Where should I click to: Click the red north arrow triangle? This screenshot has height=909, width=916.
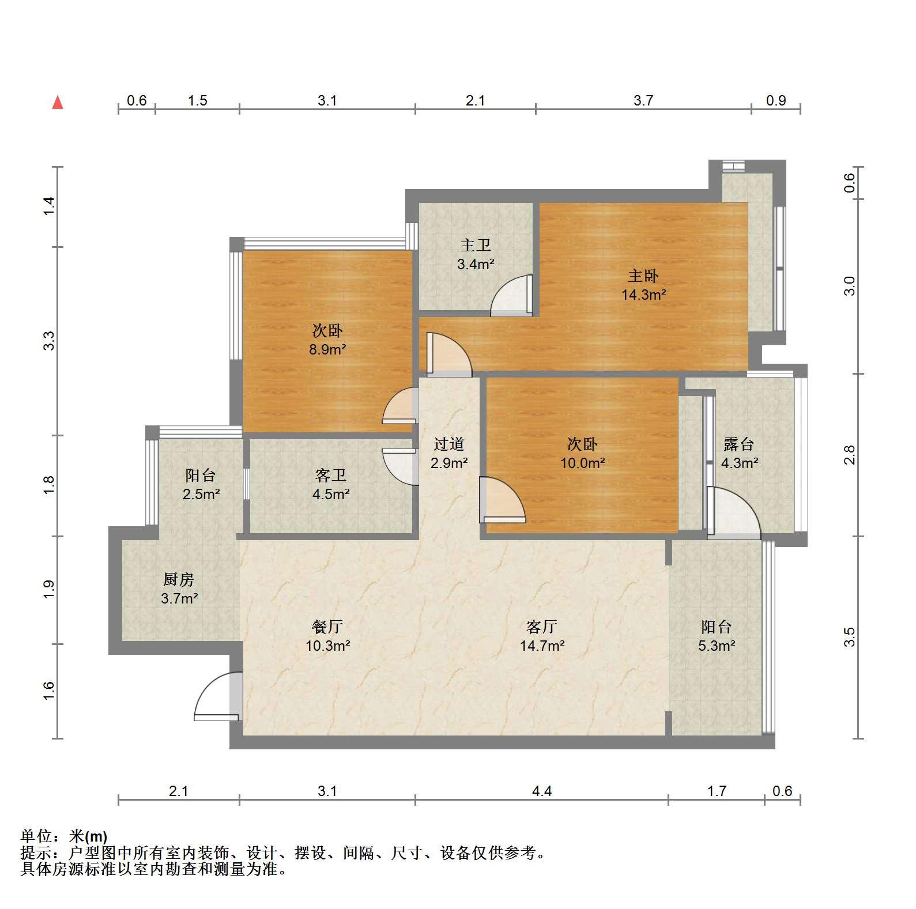click(x=58, y=103)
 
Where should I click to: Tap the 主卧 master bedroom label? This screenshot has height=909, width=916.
click(x=643, y=276)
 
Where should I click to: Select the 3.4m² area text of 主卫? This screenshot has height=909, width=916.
click(x=476, y=265)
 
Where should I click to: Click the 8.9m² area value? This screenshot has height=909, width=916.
click(x=327, y=349)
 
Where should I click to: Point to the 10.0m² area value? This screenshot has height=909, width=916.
click(x=583, y=463)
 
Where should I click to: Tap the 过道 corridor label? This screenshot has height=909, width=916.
click(x=449, y=444)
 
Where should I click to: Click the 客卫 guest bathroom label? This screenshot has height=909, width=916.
click(x=331, y=475)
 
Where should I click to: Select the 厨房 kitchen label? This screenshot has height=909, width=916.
click(x=179, y=579)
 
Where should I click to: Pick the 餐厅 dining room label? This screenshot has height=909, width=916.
click(x=327, y=627)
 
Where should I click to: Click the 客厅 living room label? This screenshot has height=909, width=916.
click(x=542, y=627)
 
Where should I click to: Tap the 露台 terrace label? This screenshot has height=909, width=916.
click(x=739, y=444)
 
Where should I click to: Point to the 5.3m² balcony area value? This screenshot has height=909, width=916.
click(x=717, y=646)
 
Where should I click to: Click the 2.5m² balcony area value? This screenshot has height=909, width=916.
click(x=201, y=494)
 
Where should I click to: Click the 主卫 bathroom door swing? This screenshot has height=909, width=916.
click(x=511, y=296)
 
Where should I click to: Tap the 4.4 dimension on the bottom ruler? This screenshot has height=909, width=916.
click(x=542, y=791)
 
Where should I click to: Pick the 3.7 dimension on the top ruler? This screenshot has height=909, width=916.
click(x=643, y=101)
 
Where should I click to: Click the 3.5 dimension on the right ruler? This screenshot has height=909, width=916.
click(x=849, y=637)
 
